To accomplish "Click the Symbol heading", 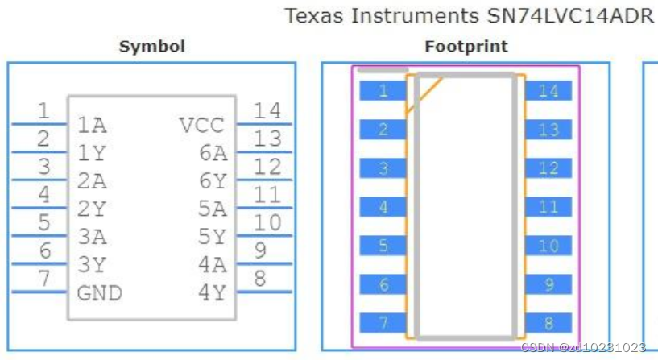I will (x=151, y=47).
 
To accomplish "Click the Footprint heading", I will (x=466, y=47).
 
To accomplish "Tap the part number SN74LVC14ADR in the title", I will (x=568, y=16).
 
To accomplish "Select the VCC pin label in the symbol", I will (x=201, y=126).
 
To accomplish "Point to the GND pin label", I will (x=100, y=293).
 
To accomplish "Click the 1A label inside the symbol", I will (x=92, y=126).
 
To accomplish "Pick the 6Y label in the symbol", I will (x=213, y=182).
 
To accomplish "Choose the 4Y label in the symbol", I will (x=213, y=293).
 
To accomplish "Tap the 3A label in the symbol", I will (x=92, y=238).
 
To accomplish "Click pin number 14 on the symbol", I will (x=267, y=111).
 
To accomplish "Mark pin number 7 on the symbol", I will (x=44, y=279).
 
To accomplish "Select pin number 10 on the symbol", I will (x=267, y=222).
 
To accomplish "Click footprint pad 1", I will (x=383, y=91).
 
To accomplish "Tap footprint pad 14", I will (x=548, y=91).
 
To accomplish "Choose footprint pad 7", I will (x=383, y=323).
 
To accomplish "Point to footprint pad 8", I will (x=548, y=323).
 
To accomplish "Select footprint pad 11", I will (x=548, y=207).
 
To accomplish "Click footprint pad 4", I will (x=383, y=207).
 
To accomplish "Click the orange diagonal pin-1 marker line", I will (x=424, y=94).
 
